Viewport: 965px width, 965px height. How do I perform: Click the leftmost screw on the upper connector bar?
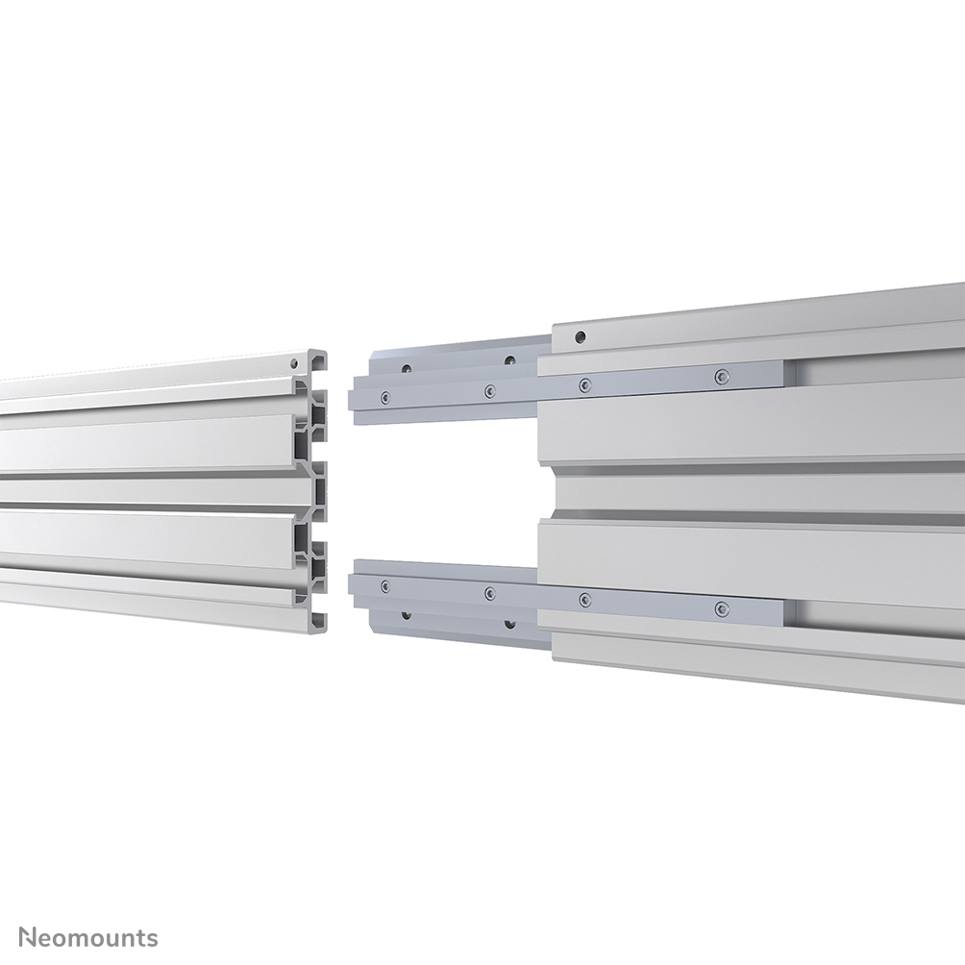[x=385, y=396]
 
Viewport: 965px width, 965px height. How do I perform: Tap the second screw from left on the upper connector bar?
[x=489, y=390]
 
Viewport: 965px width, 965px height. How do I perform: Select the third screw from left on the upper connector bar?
[x=583, y=384]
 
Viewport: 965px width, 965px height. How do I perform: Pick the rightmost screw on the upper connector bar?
[x=721, y=376]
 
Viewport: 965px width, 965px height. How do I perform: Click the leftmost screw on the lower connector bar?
[x=385, y=585]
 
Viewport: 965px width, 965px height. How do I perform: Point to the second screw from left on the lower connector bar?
[x=489, y=592]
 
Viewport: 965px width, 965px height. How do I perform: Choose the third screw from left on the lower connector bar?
[x=583, y=599]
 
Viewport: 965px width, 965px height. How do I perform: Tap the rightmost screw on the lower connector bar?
[x=721, y=607]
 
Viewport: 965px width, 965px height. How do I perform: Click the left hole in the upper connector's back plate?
[x=407, y=368]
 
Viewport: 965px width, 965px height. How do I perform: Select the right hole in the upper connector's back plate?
[x=510, y=361]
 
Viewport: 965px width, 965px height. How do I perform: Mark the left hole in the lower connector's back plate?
[x=407, y=613]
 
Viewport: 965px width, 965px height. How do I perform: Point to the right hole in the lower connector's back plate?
[x=510, y=621]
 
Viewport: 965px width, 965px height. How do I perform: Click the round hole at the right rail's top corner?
[x=580, y=337]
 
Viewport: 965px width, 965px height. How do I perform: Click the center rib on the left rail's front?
[x=154, y=491]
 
